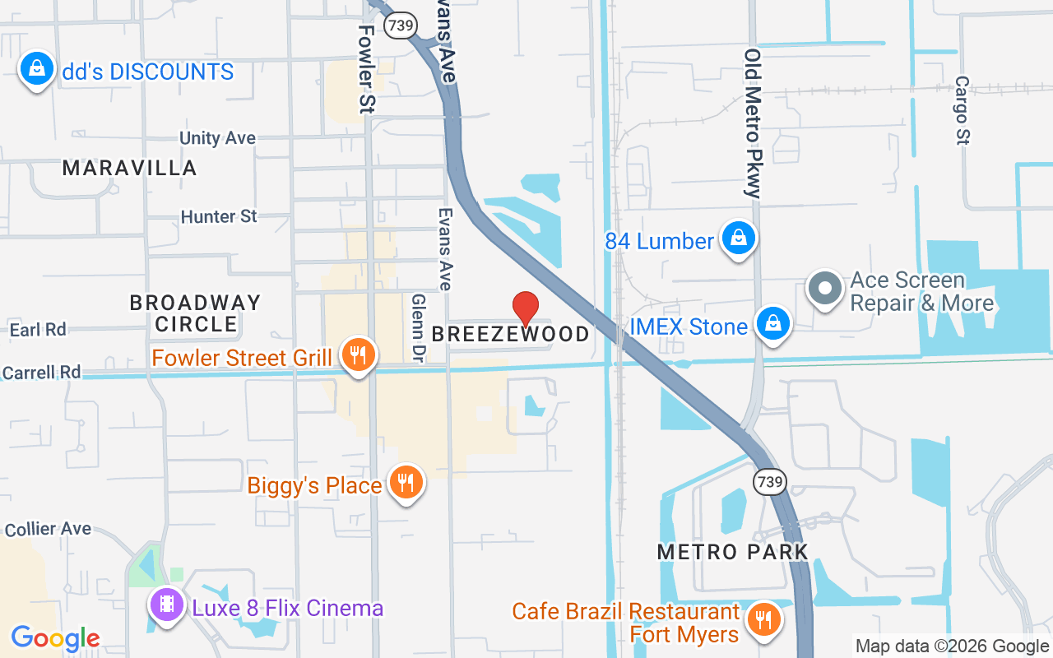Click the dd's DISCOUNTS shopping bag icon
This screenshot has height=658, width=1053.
pos(37,70)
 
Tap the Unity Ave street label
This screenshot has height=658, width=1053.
pos(217,138)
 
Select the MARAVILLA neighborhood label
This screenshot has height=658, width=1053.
pos(130,169)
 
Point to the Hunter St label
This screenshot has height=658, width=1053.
pos(219,216)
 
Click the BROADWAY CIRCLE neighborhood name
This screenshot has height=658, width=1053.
pos(195,313)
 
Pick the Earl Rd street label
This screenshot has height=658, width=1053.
pos(38,330)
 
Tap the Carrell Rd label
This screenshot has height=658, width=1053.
pos(42,373)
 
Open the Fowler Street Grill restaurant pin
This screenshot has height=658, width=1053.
pos(357,355)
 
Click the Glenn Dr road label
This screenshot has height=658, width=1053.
pos(418,328)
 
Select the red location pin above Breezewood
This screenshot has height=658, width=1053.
pos(526,309)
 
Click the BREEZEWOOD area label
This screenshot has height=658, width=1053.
pos(510,334)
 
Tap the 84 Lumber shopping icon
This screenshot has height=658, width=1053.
pos(739,239)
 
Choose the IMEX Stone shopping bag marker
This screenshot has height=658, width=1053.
pos(772,324)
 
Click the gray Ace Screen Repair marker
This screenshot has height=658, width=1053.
pos(825,290)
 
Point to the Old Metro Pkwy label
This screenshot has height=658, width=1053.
pos(753,123)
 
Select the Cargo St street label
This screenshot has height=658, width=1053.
pos(962,111)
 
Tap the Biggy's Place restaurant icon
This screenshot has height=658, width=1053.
pos(405,483)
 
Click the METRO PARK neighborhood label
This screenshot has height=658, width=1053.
pos(732,552)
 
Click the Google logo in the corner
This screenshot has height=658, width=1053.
pos(55,637)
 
